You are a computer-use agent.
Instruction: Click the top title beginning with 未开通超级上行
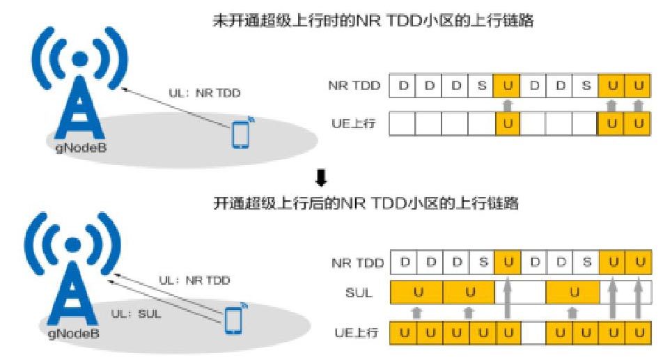(373, 21)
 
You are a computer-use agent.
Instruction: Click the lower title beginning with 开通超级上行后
(366, 206)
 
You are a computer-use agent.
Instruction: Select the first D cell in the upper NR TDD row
(403, 86)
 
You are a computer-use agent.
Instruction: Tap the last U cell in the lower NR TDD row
(638, 263)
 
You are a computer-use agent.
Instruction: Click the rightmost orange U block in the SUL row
(573, 292)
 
